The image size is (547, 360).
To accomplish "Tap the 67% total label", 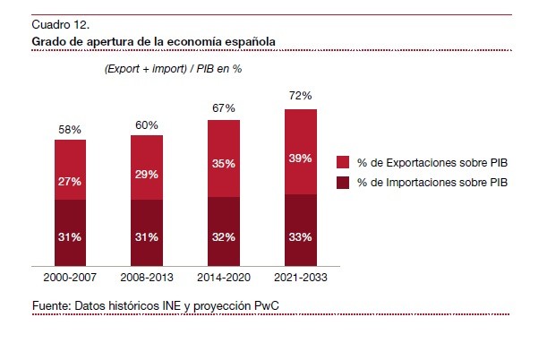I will (224, 108).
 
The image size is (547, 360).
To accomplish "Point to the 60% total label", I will (147, 124).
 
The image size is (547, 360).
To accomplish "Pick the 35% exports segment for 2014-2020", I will (224, 164).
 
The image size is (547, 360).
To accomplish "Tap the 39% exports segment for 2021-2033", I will (300, 159).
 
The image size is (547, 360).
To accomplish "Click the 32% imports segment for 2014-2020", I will (224, 236).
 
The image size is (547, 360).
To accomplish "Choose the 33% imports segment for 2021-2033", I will (300, 236).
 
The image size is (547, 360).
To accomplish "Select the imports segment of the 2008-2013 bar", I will (147, 236).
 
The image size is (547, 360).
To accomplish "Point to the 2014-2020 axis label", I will (224, 277).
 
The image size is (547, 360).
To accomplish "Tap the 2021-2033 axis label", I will (300, 277).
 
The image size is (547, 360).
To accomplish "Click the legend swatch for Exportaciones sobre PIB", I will (343, 163).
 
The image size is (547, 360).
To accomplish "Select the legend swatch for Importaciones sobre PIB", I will (343, 184).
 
